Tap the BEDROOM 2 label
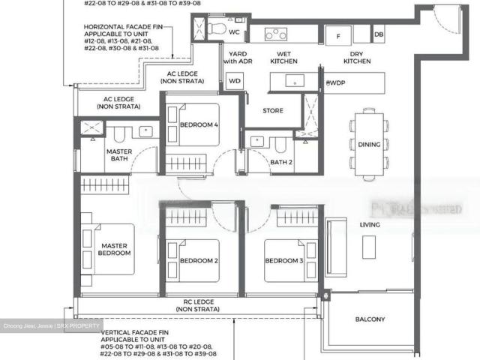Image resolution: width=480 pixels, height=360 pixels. (199, 261)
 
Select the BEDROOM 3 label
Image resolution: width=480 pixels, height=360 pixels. (283, 261)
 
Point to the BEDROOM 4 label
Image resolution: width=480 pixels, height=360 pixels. (199, 125)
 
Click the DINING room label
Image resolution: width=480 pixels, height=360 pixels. (369, 145)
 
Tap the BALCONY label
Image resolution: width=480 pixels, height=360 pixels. (369, 319)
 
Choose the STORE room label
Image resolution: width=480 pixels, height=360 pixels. (273, 111)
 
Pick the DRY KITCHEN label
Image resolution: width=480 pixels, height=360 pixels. (358, 57)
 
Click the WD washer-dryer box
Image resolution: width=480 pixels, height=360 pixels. (234, 80)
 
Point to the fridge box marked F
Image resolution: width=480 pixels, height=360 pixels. (338, 35)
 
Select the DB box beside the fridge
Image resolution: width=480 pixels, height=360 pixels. (378, 34)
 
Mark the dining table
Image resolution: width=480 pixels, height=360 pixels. (369, 143)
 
